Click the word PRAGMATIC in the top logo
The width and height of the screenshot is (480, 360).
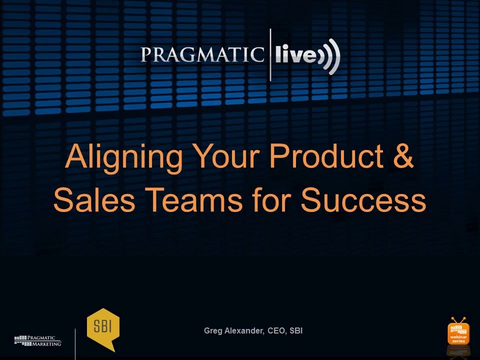click(x=202, y=55)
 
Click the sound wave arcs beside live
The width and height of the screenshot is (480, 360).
click(x=329, y=56)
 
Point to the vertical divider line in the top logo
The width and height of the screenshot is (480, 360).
click(x=270, y=55)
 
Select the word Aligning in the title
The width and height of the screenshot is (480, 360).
click(x=123, y=157)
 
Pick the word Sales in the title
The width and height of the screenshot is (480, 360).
click(x=94, y=199)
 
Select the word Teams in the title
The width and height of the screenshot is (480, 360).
click(x=193, y=199)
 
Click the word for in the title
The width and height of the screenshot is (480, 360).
click(x=272, y=199)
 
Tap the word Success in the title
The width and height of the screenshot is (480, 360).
click(x=363, y=199)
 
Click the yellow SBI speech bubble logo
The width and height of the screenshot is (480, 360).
click(x=103, y=328)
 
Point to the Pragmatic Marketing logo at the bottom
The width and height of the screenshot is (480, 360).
click(x=37, y=340)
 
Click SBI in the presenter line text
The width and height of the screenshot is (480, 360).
click(x=296, y=330)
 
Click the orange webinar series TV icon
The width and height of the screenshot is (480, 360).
click(x=458, y=332)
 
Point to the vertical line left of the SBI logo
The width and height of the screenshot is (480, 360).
click(x=75, y=344)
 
